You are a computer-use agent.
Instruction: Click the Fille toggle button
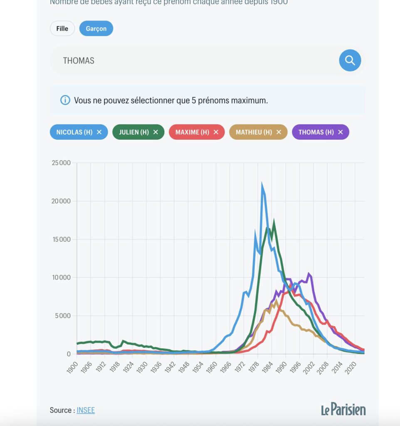[62, 29]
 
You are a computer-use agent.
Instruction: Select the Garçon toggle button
[96, 29]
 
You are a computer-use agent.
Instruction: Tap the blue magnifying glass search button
[350, 61]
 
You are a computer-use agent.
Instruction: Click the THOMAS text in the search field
[79, 61]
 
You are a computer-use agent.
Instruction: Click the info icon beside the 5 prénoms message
[65, 100]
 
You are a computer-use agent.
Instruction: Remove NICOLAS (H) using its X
[99, 132]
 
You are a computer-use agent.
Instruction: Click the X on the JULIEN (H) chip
[156, 132]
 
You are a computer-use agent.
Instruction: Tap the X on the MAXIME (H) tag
[216, 132]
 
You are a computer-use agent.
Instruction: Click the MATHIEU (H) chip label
[253, 132]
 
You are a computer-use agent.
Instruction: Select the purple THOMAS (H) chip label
[316, 132]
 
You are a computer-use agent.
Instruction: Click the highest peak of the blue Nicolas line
[262, 184]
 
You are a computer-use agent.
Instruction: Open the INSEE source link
[86, 410]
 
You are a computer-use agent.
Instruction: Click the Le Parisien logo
[343, 409]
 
